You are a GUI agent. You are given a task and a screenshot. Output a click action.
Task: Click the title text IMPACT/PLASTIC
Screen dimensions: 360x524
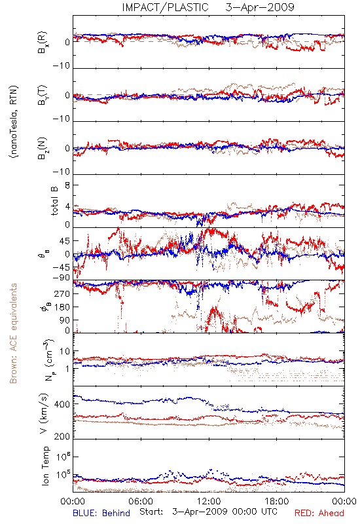pos(166,7)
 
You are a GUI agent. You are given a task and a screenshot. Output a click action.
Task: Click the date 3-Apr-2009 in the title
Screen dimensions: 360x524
pos(260,7)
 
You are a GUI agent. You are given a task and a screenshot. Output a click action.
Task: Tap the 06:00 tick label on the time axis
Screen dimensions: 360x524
pos(141,501)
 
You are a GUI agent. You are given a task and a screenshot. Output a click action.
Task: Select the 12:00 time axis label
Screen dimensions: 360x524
pos(209,501)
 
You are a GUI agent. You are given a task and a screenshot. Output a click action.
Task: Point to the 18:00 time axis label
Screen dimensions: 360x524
pos(277,501)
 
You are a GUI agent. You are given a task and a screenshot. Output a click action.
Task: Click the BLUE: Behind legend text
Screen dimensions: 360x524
pos(101,513)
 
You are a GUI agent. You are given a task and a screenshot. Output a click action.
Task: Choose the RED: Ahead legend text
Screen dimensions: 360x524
pos(319,513)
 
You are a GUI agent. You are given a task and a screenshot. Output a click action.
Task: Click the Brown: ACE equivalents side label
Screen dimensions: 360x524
pos(13,333)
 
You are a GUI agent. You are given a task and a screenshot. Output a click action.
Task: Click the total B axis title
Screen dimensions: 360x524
pos(54,200)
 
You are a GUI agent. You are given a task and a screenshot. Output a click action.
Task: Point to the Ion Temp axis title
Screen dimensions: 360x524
pos(45,465)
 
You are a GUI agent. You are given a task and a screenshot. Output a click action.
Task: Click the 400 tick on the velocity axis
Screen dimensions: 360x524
pos(62,404)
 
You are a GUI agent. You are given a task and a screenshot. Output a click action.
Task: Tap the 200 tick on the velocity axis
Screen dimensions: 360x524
pos(62,436)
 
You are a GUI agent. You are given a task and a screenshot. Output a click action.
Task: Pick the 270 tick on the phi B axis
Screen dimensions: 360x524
pos(62,293)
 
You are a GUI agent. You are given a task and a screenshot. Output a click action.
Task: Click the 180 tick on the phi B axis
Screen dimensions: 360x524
pos(62,307)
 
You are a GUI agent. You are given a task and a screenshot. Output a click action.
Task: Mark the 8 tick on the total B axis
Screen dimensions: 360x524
pos(67,185)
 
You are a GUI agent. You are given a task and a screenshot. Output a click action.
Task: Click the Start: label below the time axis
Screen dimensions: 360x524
pos(151,512)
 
